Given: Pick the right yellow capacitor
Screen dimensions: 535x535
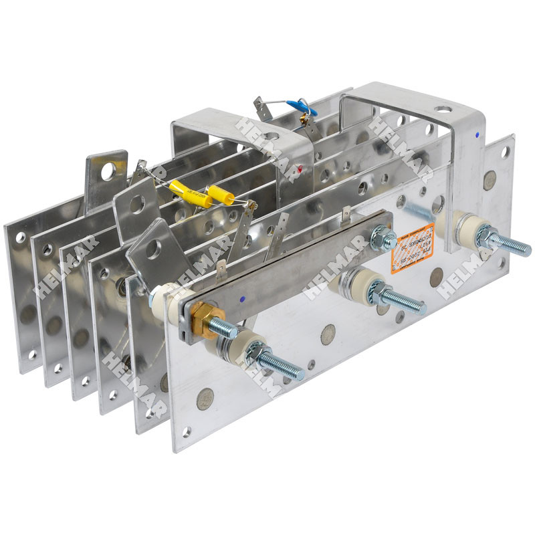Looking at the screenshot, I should pos(221,196).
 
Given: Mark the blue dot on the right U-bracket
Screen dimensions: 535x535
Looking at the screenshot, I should pos(475,134).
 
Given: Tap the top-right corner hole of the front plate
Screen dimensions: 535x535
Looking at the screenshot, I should pos(506,151).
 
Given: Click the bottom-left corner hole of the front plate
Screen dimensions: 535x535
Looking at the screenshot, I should pos(187,432).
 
